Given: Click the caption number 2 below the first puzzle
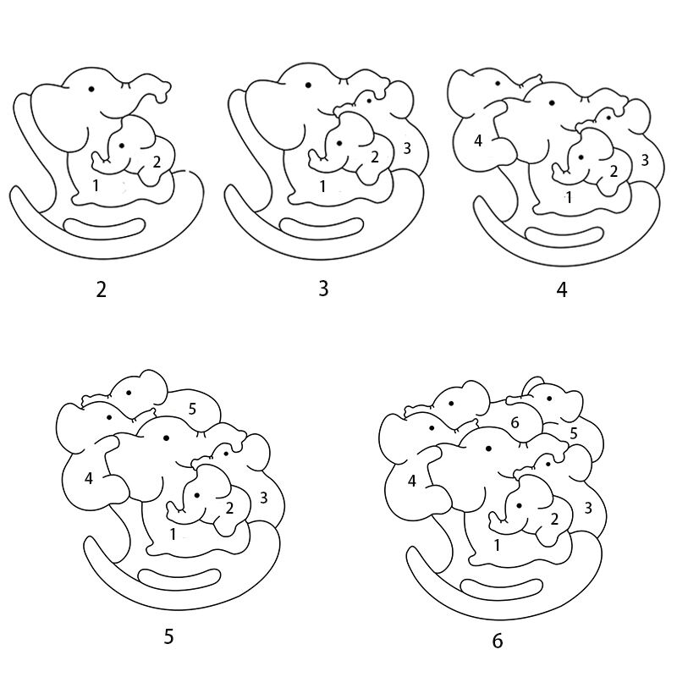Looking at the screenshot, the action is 101,289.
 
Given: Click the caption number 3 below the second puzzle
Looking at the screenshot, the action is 324,289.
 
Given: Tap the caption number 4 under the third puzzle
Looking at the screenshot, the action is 562,289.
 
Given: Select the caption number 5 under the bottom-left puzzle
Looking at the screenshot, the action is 168,636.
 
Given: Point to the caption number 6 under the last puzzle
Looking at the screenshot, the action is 498,641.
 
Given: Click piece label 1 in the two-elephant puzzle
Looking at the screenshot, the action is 96,185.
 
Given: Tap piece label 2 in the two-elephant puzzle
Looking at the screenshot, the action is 157,162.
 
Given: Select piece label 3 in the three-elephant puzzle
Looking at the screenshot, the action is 407,149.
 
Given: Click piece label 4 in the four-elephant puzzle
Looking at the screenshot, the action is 478,140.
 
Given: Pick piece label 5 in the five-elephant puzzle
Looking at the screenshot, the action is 192,409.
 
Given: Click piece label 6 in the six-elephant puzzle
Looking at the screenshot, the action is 515,422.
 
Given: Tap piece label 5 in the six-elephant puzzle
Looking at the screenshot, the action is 574,433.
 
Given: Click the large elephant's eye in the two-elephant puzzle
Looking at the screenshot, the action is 91,90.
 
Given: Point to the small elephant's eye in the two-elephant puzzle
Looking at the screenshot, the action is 122,146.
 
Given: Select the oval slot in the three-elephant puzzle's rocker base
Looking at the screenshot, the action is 322,228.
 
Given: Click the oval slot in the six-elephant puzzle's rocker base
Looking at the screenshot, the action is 501,589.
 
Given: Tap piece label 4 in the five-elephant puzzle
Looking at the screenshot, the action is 89,478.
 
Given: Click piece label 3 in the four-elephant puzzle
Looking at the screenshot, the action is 645,160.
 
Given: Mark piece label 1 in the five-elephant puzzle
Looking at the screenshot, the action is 173,534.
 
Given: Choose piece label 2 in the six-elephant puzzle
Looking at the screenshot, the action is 554,519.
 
